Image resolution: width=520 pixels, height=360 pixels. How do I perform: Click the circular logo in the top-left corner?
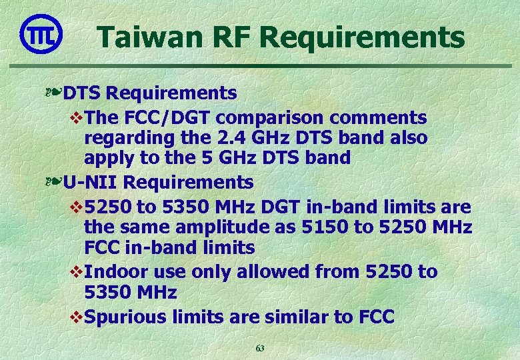(41, 33)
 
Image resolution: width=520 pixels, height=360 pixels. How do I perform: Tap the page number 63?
(260, 348)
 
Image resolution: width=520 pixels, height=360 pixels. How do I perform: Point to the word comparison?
(280, 118)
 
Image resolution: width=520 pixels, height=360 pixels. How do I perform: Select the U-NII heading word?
(91, 181)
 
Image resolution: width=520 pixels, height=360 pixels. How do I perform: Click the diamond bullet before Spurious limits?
(76, 316)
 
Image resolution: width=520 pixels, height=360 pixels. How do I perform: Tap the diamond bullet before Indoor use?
(76, 271)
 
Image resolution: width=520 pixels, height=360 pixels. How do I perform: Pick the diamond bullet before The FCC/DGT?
(76, 118)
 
